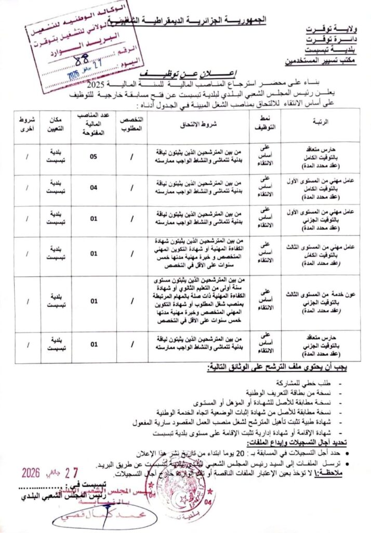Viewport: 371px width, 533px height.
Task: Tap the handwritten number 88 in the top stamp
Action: point(82,59)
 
